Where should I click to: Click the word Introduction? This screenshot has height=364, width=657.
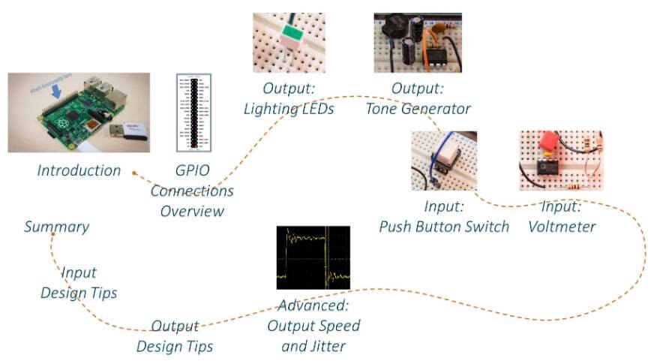coord(79,170)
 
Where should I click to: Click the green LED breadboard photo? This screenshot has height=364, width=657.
coord(289,43)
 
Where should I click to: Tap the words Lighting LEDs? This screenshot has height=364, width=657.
coord(289,109)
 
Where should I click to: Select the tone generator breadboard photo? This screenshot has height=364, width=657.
coord(418,43)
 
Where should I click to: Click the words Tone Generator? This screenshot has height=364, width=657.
coord(418,109)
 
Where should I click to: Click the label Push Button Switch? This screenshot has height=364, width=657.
coord(444,226)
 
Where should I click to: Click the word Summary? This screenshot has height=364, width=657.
coord(56,227)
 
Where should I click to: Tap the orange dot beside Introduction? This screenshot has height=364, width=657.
coord(133,173)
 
